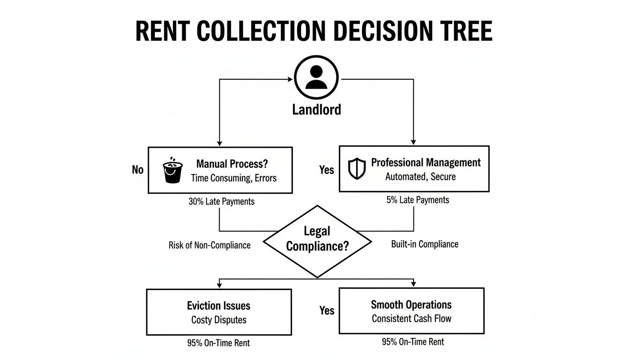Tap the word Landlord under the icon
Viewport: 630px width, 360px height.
coord(316,110)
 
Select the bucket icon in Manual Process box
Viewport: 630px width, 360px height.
coord(172,172)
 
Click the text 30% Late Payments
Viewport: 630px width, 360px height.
coord(221,202)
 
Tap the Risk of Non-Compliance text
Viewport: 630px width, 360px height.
coord(209,245)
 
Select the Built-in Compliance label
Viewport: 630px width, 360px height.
coord(424,244)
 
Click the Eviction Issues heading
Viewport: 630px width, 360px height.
coord(218,306)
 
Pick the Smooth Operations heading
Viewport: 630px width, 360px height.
coord(411,305)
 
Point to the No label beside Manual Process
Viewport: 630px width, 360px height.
coord(137,170)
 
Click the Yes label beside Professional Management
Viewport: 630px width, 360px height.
coord(326,170)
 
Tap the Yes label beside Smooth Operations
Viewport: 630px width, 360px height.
coord(326,310)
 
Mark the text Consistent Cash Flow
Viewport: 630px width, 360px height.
coord(411,319)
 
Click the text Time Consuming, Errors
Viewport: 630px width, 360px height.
coord(233,178)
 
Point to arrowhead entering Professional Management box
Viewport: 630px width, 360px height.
coord(413,142)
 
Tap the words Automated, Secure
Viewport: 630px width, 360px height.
coord(420,177)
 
